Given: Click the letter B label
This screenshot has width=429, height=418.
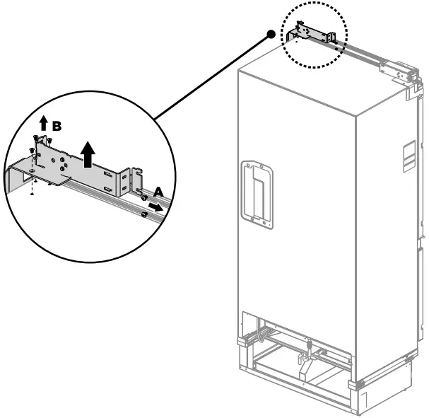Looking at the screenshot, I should (57, 126).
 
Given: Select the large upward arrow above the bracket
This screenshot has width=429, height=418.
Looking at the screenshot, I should (88, 153).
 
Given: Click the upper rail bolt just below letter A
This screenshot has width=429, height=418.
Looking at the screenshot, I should (144, 199).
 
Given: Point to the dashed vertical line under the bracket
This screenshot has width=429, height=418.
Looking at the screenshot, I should (34, 185).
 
